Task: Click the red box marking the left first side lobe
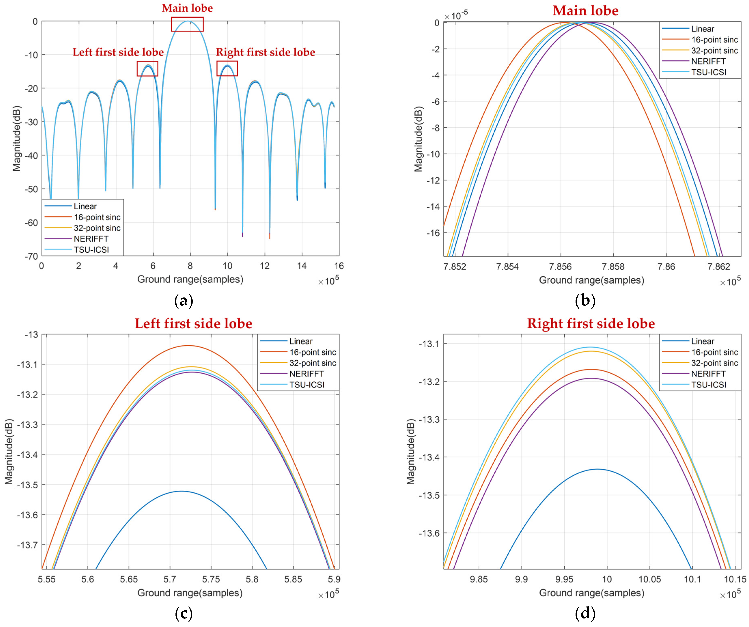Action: tap(147, 68)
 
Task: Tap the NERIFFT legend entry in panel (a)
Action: tap(91, 239)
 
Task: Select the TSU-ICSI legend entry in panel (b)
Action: tap(708, 72)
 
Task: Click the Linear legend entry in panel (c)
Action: tap(301, 341)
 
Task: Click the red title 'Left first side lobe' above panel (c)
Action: tap(193, 323)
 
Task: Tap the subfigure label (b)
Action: tap(585, 301)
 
